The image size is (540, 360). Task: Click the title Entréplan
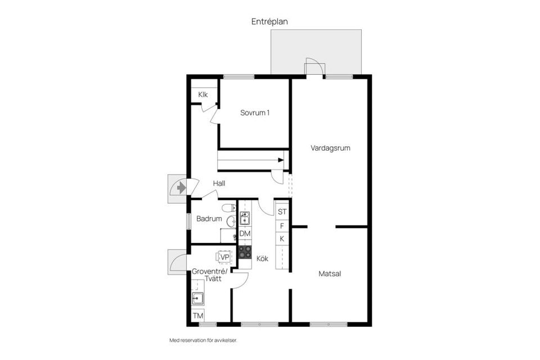click(x=269, y=22)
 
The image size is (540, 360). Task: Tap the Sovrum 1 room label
click(x=255, y=112)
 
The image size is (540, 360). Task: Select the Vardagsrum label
click(x=331, y=148)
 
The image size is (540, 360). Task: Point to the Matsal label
click(x=330, y=274)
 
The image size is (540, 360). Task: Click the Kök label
click(x=262, y=259)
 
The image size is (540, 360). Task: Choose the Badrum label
click(x=209, y=219)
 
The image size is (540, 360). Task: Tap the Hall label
click(x=219, y=183)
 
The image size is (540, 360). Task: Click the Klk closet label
click(x=203, y=94)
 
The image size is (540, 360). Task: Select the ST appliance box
click(x=282, y=212)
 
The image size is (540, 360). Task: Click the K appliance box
click(x=282, y=239)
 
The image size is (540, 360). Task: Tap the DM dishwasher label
click(x=245, y=233)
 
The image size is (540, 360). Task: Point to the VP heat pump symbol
click(x=224, y=257)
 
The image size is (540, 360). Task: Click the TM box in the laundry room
click(x=198, y=316)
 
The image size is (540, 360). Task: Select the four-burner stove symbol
click(x=245, y=251)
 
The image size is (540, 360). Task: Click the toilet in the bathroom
click(x=228, y=208)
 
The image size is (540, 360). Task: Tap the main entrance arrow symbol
click(x=181, y=187)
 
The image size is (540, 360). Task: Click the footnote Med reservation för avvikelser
click(x=207, y=340)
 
